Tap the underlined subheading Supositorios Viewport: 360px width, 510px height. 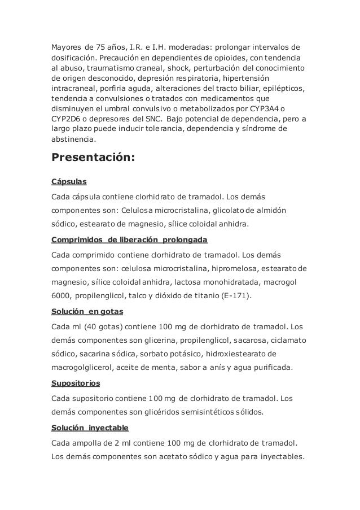click(76, 383)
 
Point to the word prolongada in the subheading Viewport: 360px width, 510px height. click(185, 239)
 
